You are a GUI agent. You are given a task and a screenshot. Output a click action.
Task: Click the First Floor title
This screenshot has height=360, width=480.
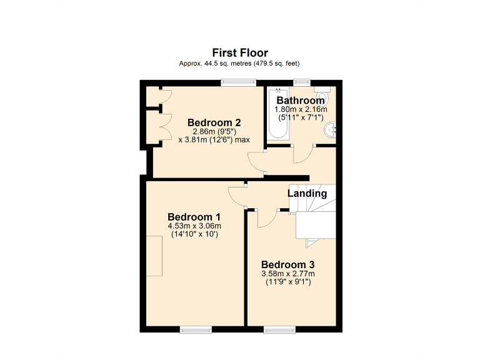(x=240, y=52)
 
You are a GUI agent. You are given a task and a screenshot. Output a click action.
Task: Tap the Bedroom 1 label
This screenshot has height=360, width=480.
(x=194, y=217)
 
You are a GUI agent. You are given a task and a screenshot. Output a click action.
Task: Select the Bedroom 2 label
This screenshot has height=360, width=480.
(x=214, y=122)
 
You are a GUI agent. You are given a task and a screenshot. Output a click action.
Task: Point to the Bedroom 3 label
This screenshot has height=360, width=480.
(x=288, y=264)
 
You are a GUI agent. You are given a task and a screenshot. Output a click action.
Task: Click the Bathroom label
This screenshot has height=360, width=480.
(x=301, y=101)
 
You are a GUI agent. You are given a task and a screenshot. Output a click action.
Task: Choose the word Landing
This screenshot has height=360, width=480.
(x=307, y=194)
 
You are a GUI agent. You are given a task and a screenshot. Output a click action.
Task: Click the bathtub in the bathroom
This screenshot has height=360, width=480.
(x=277, y=115)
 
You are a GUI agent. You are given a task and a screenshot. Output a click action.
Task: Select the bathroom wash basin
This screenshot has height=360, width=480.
(x=331, y=129)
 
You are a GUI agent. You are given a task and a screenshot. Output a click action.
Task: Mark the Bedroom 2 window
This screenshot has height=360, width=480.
(x=239, y=81)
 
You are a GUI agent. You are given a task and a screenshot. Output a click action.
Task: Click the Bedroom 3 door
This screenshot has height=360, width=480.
(x=266, y=219)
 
